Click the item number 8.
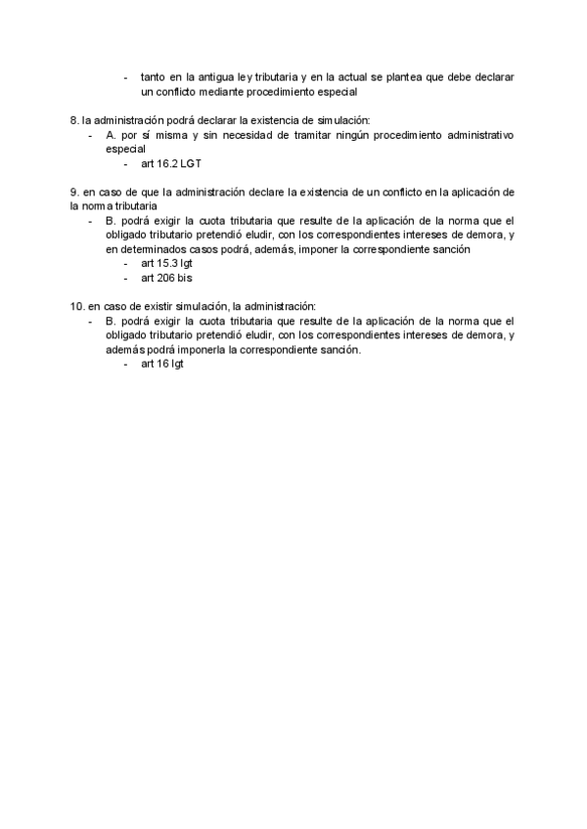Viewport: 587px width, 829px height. click(x=73, y=119)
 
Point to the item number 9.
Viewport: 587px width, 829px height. click(x=73, y=192)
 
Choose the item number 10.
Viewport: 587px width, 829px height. click(x=77, y=305)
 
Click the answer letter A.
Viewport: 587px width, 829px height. click(x=111, y=134)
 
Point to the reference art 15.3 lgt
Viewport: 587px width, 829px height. click(x=166, y=264)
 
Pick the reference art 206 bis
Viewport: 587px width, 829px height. click(x=166, y=279)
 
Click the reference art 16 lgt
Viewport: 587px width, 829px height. click(x=162, y=364)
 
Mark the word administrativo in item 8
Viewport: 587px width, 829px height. click(x=480, y=134)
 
